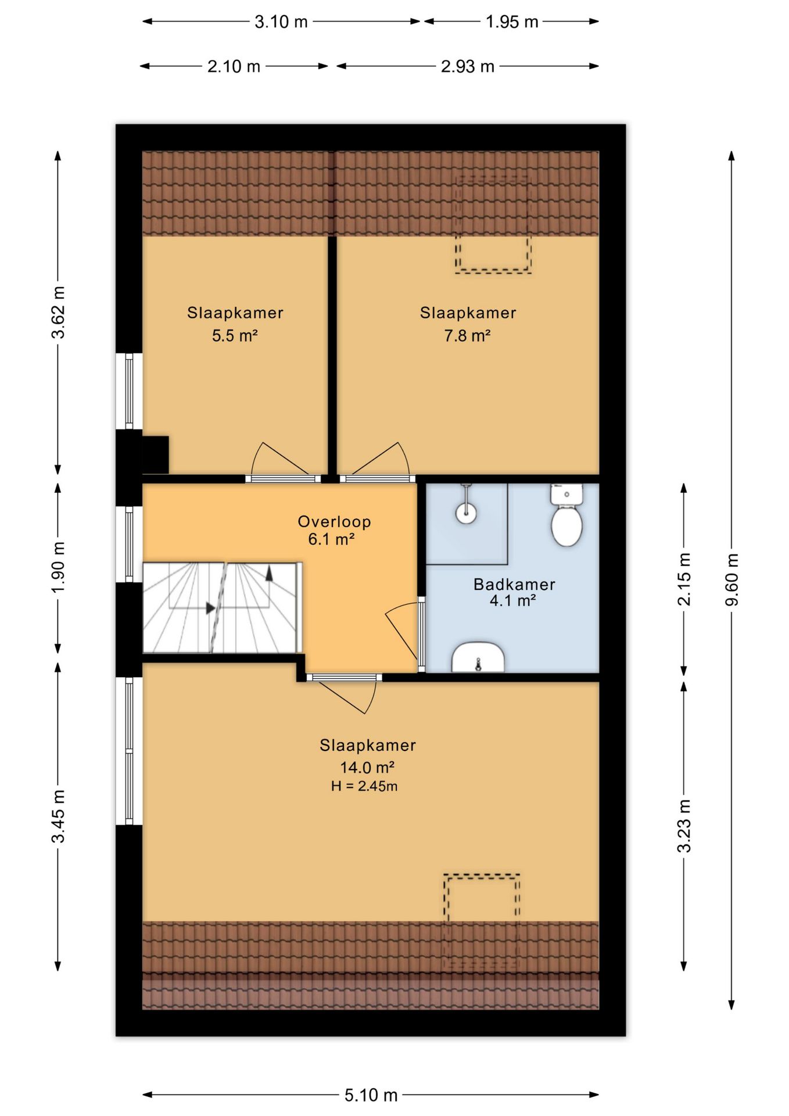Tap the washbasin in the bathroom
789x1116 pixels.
[478, 657]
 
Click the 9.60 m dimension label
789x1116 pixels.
[731, 579]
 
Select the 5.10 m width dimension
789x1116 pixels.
[371, 1096]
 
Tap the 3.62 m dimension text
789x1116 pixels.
[58, 312]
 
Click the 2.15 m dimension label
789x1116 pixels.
[684, 579]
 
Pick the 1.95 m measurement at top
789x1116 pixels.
[512, 22]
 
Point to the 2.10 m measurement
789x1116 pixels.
[234, 66]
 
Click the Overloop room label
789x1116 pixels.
[334, 521]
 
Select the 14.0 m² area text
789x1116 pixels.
[367, 767]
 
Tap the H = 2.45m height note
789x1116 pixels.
[364, 786]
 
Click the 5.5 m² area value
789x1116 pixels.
[235, 335]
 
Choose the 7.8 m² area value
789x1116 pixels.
[468, 335]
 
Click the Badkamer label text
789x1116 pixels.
[514, 584]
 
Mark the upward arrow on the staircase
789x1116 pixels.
[269, 572]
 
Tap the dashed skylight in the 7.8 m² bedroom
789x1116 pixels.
[493, 225]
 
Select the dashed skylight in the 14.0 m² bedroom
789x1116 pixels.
[482, 921]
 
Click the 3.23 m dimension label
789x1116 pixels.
[684, 825]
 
